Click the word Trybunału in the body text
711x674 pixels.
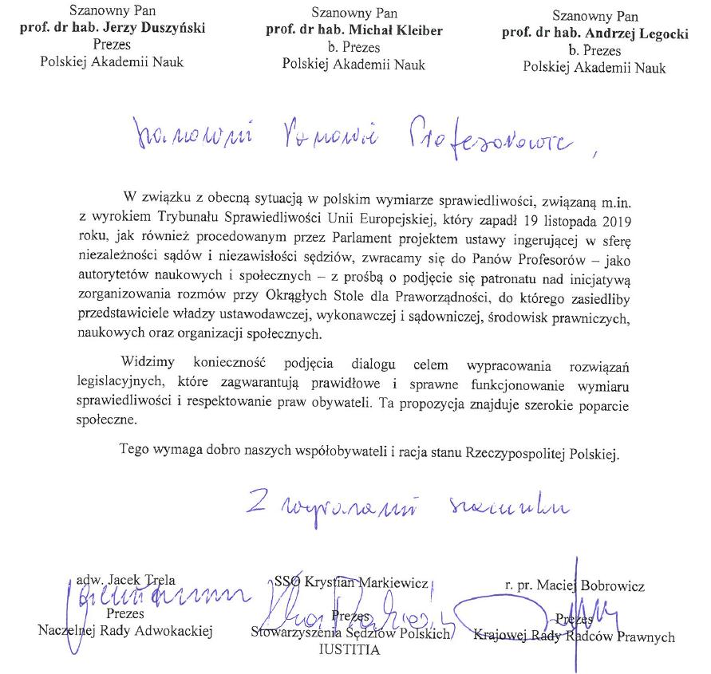(x=215, y=218)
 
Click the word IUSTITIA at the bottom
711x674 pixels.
(x=349, y=650)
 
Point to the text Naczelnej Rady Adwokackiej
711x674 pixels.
(x=125, y=632)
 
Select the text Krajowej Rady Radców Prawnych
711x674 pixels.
(x=574, y=637)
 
